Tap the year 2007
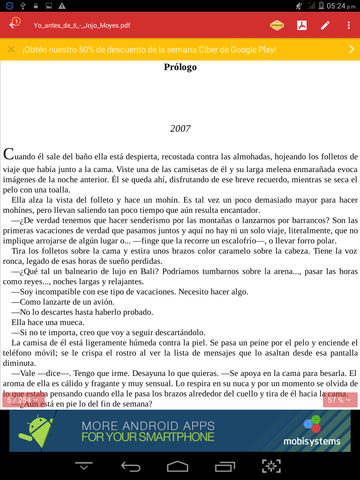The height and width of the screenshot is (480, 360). [180, 129]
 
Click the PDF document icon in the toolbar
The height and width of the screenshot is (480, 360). [300, 25]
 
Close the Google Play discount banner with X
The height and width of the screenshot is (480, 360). [11, 49]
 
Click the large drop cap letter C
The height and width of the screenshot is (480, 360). [10, 155]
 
